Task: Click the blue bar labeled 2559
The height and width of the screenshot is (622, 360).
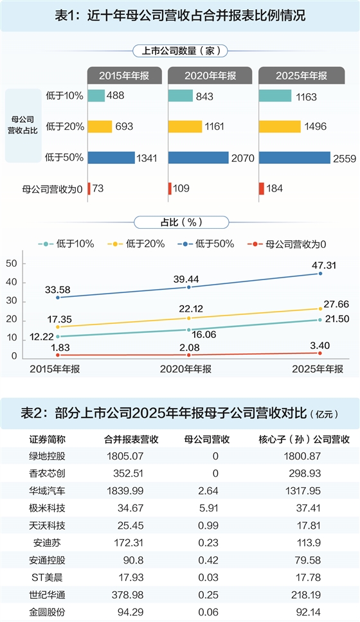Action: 294,157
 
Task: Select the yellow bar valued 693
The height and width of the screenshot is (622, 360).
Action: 100,127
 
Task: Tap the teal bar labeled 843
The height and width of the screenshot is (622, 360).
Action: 180,96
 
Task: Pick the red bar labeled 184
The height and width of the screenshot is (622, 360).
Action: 261,188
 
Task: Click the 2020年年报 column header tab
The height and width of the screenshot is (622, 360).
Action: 210,75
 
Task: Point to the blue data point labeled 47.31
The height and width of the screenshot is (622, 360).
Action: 320,273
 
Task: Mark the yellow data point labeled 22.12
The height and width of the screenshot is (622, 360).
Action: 188,318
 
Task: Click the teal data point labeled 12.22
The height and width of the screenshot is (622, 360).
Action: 58,337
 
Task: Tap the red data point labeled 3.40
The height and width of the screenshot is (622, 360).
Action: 320,353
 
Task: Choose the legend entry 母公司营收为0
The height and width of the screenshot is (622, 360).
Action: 286,244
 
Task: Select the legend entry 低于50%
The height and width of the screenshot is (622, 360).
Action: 206,244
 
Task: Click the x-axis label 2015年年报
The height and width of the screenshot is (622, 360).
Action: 55,369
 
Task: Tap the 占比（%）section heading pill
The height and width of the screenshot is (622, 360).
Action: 181,222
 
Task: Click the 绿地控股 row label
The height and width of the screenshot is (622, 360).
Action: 47,456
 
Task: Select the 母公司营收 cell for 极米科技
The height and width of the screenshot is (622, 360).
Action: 208,508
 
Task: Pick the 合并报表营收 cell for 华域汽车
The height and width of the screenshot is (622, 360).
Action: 125,491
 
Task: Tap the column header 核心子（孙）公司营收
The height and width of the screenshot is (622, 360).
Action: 304,439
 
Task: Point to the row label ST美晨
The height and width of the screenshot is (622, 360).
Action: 47,578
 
